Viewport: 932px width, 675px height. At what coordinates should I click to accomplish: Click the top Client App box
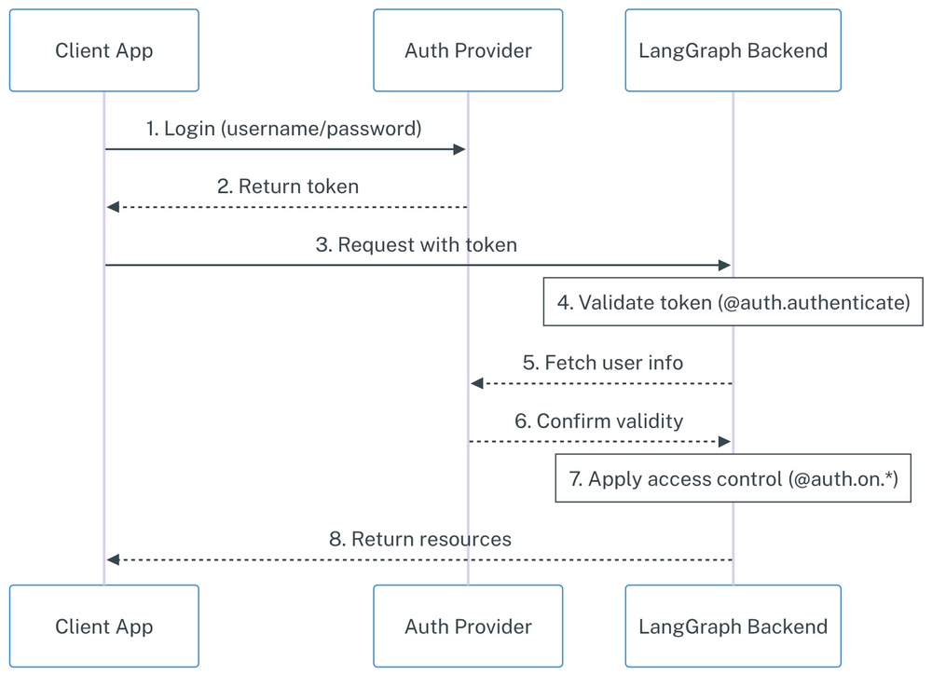(103, 50)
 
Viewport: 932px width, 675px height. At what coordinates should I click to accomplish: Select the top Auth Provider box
(468, 50)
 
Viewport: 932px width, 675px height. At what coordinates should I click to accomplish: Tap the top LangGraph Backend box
(733, 50)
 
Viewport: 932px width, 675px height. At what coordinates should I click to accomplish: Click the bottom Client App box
(103, 627)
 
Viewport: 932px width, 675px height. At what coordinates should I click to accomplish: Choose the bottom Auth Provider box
(468, 627)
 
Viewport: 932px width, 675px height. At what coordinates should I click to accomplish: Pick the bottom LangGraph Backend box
(733, 627)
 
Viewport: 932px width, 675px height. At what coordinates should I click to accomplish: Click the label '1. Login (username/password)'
(283, 129)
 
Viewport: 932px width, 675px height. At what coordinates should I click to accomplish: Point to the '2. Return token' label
(287, 186)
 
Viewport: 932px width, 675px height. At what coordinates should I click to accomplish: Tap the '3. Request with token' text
(417, 245)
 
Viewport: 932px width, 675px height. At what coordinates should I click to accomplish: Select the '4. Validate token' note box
(733, 303)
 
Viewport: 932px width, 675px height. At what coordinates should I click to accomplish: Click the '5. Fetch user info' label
(602, 363)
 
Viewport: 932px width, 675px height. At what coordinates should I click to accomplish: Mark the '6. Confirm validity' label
(598, 420)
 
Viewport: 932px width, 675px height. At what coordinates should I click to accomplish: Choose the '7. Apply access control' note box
(733, 479)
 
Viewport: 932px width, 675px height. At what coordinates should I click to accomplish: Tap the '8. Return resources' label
(419, 539)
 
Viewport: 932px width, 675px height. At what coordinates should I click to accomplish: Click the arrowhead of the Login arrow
(459, 149)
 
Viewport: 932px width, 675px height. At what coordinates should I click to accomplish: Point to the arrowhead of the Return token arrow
(113, 207)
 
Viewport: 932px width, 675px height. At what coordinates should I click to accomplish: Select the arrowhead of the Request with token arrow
(724, 266)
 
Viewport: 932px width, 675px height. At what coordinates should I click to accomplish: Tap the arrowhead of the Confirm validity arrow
(724, 441)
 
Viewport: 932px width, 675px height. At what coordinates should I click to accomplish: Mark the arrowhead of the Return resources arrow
(113, 559)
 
